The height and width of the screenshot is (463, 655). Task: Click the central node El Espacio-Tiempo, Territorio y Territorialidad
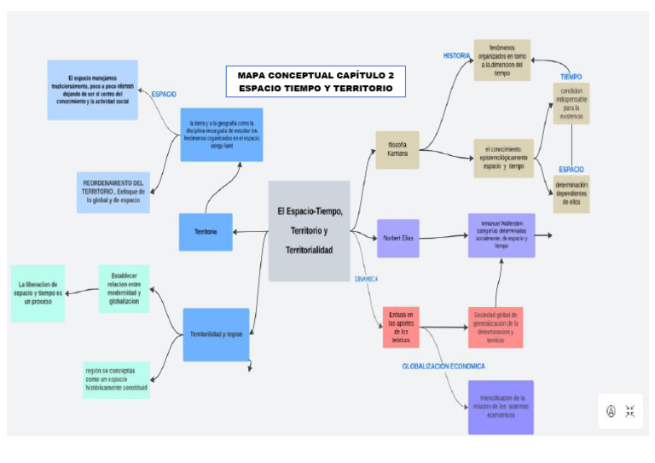pyautogui.click(x=309, y=230)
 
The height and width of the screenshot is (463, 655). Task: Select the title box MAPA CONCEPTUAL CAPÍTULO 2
pyautogui.click(x=316, y=82)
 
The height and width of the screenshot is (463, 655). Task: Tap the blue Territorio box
pyautogui.click(x=206, y=232)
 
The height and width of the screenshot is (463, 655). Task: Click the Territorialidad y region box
pyautogui.click(x=217, y=334)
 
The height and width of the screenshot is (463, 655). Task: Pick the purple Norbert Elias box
pyautogui.click(x=398, y=238)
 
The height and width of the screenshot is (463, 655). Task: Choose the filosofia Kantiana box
pyautogui.click(x=397, y=149)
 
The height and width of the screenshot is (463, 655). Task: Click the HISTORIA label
pyautogui.click(x=456, y=56)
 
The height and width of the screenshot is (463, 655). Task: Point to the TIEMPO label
pyautogui.click(x=571, y=77)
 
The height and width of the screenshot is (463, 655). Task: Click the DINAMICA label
pyautogui.click(x=366, y=279)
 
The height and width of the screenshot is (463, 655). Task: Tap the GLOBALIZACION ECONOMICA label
pyautogui.click(x=443, y=366)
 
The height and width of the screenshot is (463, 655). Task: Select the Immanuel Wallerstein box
pyautogui.click(x=501, y=235)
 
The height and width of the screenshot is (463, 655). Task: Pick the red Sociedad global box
pyautogui.click(x=496, y=327)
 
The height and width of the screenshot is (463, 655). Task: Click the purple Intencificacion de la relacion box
pyautogui.click(x=501, y=407)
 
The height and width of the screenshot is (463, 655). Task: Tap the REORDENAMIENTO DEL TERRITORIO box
pyautogui.click(x=113, y=192)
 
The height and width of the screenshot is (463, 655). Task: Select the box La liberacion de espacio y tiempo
pyautogui.click(x=38, y=293)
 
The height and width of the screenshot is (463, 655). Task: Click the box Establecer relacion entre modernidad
pyautogui.click(x=124, y=290)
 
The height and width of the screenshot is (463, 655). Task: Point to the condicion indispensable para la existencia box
pyautogui.click(x=571, y=103)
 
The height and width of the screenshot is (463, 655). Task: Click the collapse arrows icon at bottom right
pyautogui.click(x=629, y=411)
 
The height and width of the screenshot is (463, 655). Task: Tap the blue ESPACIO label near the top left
pyautogui.click(x=164, y=94)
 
